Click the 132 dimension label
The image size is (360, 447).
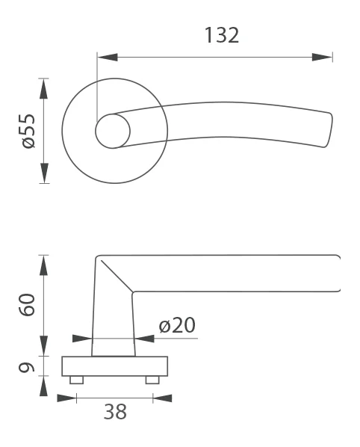[222, 35]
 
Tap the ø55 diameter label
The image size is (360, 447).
[28, 131]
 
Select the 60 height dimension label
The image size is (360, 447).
[27, 304]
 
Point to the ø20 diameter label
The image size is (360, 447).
[177, 325]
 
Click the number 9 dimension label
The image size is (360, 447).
[26, 367]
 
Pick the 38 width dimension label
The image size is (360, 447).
[115, 412]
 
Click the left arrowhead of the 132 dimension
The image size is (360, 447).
[108, 57]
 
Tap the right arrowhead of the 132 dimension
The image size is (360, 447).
[322, 57]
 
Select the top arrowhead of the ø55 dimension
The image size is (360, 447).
[43, 89]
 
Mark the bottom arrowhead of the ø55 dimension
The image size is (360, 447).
[43, 173]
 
